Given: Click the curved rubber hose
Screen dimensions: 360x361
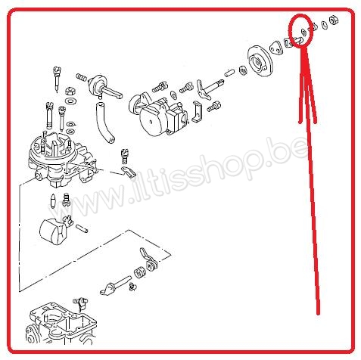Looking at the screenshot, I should pos(103,124).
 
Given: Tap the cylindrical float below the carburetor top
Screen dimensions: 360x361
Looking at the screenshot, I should pos(52,230).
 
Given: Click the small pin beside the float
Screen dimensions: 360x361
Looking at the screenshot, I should pos(83,226).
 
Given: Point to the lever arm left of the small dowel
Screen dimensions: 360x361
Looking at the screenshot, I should pos(206,88).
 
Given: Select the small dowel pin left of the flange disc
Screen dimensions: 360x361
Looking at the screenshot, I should pos(228,73).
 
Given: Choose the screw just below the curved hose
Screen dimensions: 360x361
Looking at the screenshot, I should pos(125,157).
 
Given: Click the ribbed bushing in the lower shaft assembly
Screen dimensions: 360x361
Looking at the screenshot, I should pos(139,271).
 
